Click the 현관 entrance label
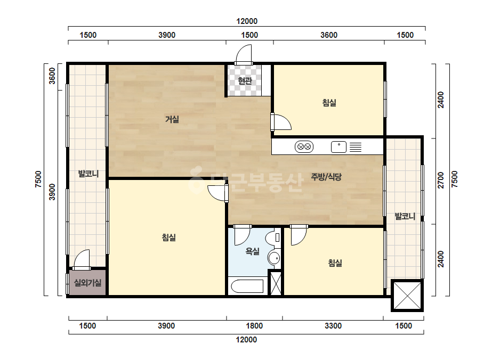(245, 80)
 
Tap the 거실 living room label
(172, 119)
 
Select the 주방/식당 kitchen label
(326, 177)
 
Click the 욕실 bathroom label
(252, 251)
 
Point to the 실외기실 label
(87, 283)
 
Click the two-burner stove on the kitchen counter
(304, 147)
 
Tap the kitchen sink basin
(338, 147)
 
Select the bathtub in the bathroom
(247, 287)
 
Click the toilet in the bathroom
(273, 238)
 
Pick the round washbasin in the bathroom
(274, 258)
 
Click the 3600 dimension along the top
(329, 35)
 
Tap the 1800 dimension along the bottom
(254, 326)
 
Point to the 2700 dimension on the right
(441, 181)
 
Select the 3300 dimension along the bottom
(333, 326)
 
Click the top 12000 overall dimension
(247, 21)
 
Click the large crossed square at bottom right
(407, 296)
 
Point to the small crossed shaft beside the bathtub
(276, 283)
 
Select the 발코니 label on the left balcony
(88, 174)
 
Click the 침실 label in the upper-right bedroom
(329, 103)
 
